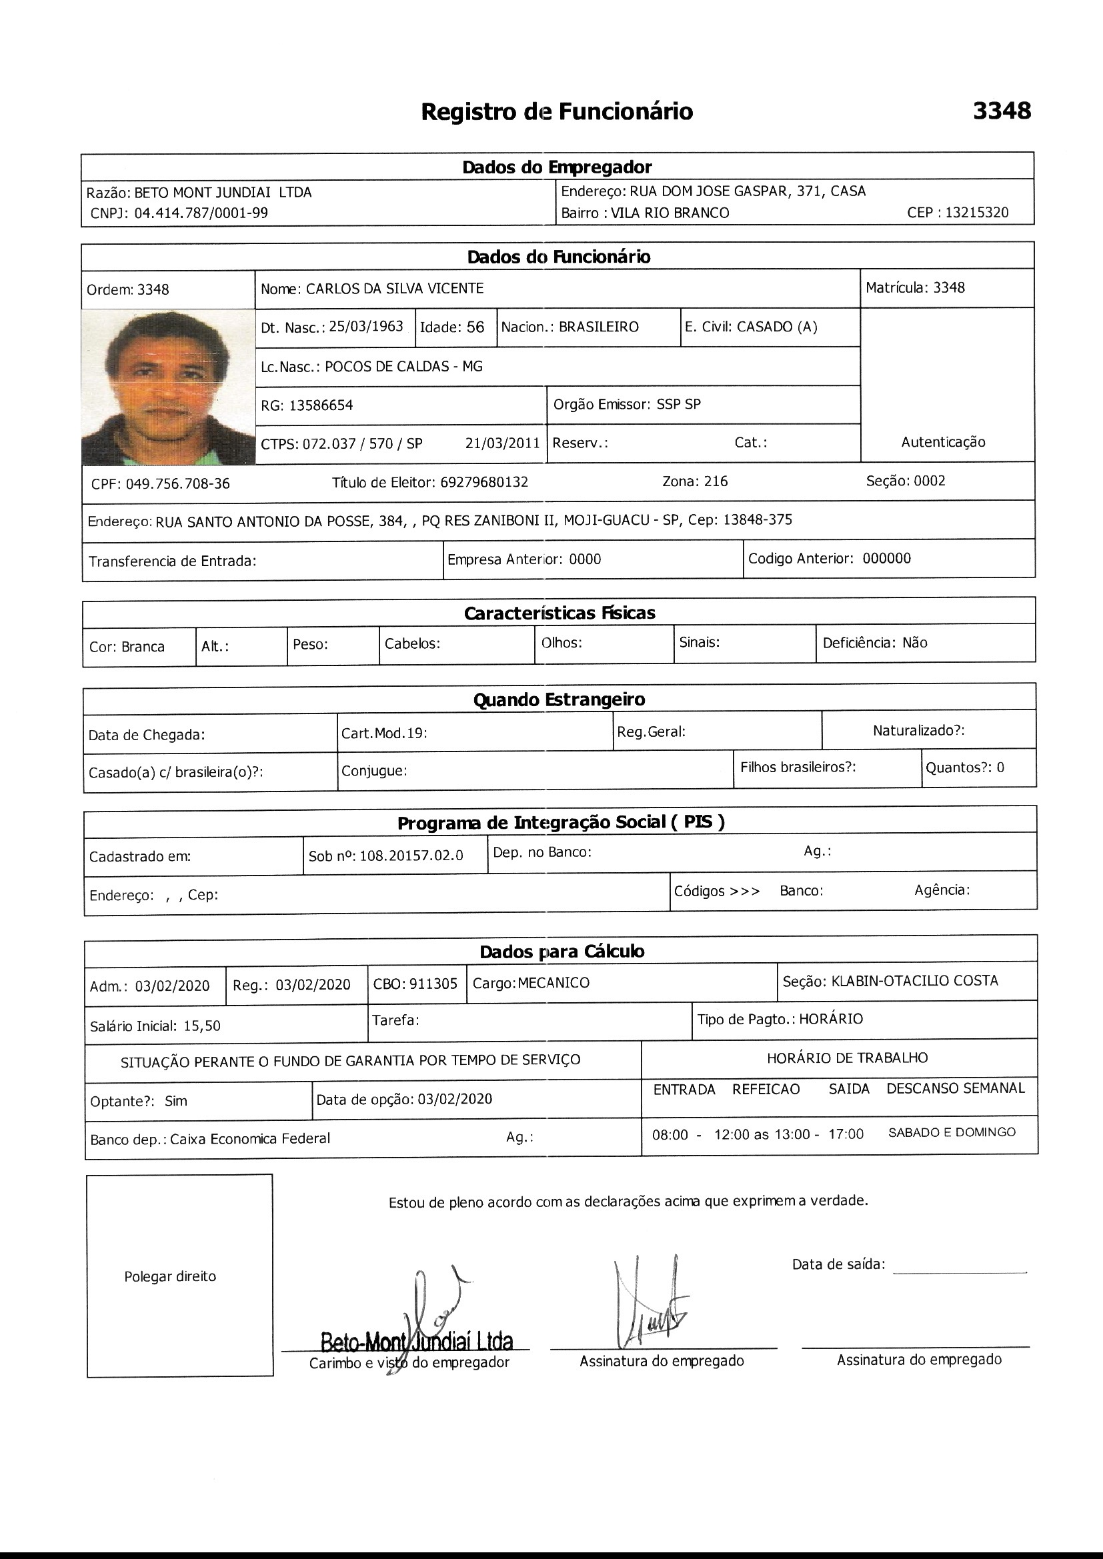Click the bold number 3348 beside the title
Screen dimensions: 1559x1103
(x=1001, y=111)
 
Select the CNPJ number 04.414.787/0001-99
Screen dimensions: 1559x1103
(x=201, y=213)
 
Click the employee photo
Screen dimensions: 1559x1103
(x=168, y=386)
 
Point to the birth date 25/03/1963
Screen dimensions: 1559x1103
(x=366, y=327)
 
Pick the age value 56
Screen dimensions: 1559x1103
(x=475, y=327)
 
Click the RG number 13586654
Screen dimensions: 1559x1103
(x=321, y=405)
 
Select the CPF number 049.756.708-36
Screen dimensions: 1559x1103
(x=177, y=483)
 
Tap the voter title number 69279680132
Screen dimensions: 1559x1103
(x=483, y=482)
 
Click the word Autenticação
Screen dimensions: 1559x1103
(x=943, y=442)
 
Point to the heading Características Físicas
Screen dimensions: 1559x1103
(x=559, y=613)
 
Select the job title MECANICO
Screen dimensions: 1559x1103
(x=553, y=983)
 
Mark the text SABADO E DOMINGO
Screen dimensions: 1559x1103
(x=952, y=1132)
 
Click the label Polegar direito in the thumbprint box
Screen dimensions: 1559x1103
(x=170, y=1276)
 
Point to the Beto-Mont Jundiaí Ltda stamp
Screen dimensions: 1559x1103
(x=416, y=1341)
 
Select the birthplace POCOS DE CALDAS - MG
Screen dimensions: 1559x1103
(x=403, y=367)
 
